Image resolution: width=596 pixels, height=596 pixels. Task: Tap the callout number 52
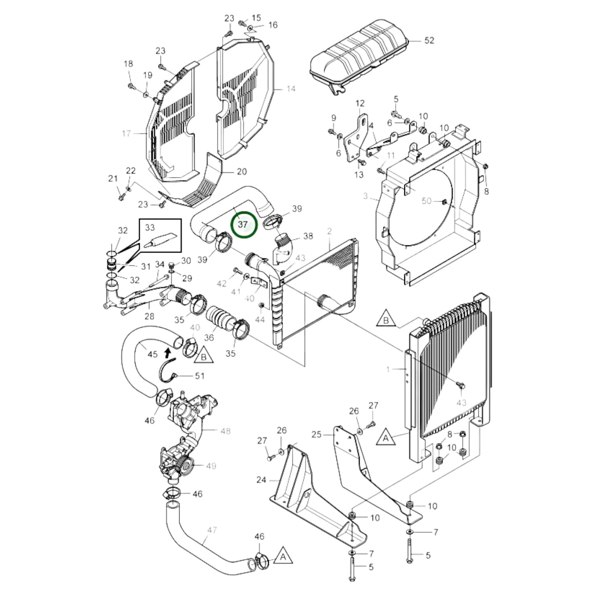(x=429, y=40)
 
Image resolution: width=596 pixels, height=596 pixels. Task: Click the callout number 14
(x=291, y=89)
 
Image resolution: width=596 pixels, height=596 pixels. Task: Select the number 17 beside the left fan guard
(x=127, y=134)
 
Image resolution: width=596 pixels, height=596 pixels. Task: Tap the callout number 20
(x=242, y=172)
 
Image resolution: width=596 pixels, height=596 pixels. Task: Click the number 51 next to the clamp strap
(x=200, y=376)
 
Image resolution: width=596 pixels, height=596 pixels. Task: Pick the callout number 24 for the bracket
(x=261, y=480)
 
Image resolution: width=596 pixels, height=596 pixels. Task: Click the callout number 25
(x=316, y=434)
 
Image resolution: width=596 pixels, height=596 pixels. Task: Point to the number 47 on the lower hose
(x=212, y=530)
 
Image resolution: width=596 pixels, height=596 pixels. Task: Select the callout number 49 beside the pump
(x=211, y=466)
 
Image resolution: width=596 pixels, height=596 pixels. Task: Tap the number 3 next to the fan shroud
(x=365, y=196)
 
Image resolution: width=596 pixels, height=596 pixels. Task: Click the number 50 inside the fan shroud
(x=426, y=201)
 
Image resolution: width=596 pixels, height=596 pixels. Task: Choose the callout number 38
(x=308, y=236)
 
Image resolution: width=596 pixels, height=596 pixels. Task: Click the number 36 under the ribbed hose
(x=209, y=337)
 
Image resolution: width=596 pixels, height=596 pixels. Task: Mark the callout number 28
(x=149, y=316)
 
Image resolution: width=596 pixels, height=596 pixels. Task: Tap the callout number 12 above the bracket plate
(x=360, y=103)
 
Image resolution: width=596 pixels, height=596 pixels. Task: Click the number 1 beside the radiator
(x=388, y=370)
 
